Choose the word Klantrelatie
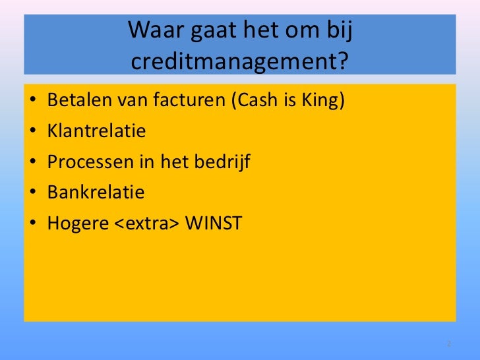coord(96,132)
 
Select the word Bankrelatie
coord(96,193)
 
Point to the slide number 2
coord(448,344)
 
